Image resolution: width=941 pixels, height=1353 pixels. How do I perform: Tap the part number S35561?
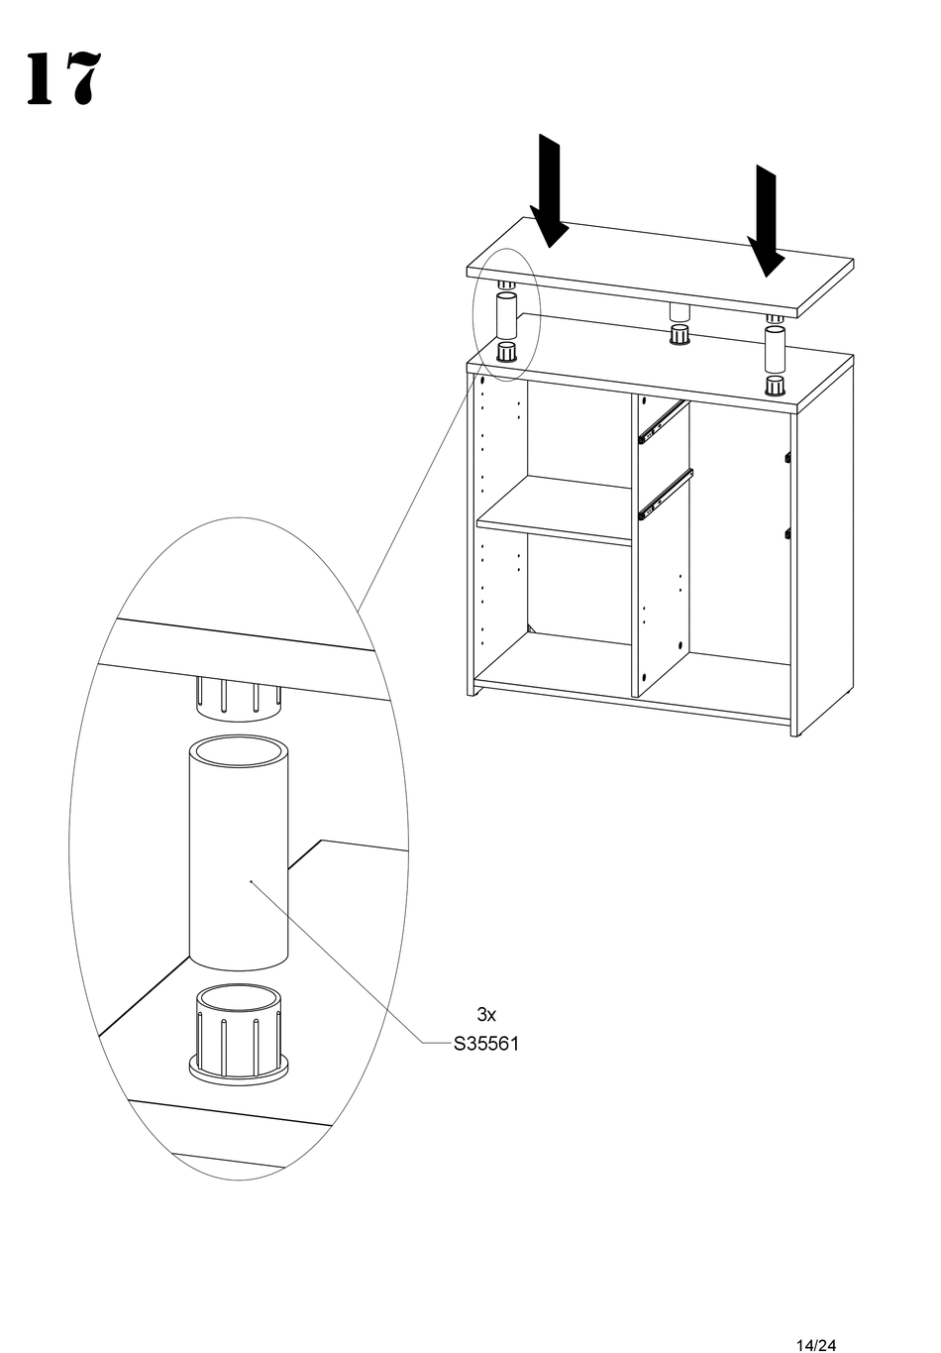[x=485, y=1044]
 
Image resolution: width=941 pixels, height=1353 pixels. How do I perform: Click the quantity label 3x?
[x=485, y=1014]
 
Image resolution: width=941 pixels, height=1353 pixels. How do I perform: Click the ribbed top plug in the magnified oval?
[x=238, y=697]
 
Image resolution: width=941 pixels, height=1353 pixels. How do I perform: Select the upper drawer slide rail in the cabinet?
[x=663, y=420]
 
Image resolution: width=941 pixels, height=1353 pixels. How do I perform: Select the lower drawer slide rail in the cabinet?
[x=664, y=494]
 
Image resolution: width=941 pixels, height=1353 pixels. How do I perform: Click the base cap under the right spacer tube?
[x=775, y=385]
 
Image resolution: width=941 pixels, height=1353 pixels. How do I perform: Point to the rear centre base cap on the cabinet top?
[x=680, y=335]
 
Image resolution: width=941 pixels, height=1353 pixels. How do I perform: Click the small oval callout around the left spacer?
[x=504, y=313]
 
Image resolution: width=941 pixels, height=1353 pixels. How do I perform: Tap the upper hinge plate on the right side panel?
[x=787, y=457]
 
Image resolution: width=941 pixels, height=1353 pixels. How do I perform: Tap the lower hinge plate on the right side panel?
[x=787, y=532]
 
